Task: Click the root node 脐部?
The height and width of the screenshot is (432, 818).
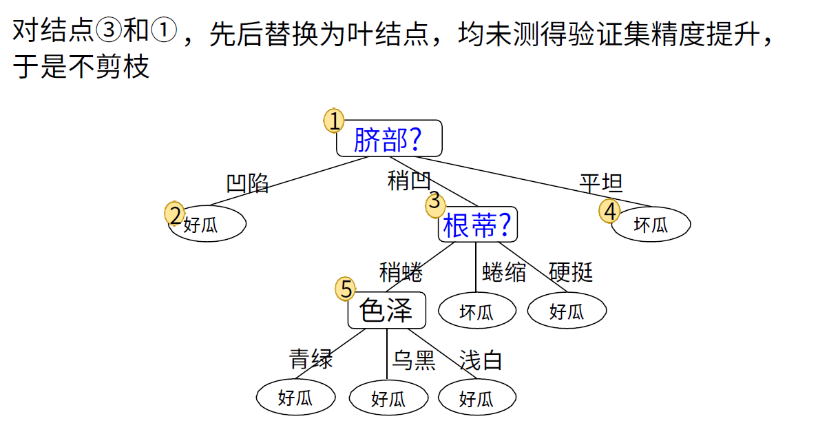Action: pyautogui.click(x=389, y=139)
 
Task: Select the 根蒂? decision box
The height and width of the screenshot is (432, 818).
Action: pyautogui.click(x=477, y=225)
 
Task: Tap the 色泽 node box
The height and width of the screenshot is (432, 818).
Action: pyautogui.click(x=387, y=310)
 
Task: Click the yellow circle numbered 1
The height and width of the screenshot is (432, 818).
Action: pyautogui.click(x=334, y=121)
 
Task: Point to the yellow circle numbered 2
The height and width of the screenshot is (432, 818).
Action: pyautogui.click(x=176, y=214)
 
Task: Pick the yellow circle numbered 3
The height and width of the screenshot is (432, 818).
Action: pyautogui.click(x=434, y=202)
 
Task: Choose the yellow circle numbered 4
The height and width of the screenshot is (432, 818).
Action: pyautogui.click(x=609, y=212)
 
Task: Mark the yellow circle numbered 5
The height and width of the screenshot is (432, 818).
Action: pyautogui.click(x=346, y=289)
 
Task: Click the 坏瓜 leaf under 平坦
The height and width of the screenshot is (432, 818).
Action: pyautogui.click(x=651, y=225)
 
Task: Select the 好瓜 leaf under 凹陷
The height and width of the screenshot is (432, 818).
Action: pyautogui.click(x=207, y=225)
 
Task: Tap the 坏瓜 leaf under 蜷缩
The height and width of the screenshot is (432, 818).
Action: pyautogui.click(x=476, y=311)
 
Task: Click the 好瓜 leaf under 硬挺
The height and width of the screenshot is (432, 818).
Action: pyautogui.click(x=567, y=311)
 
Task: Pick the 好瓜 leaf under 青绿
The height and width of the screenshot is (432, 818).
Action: pyautogui.click(x=295, y=398)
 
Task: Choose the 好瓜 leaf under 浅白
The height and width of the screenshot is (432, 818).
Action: pyautogui.click(x=476, y=398)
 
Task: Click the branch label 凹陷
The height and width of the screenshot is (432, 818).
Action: pyautogui.click(x=248, y=183)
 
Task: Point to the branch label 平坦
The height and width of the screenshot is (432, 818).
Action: pyautogui.click(x=601, y=183)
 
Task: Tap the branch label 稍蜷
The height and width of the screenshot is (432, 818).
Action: pyautogui.click(x=401, y=272)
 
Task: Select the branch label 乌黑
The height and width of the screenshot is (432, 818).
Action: pyautogui.click(x=414, y=360)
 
